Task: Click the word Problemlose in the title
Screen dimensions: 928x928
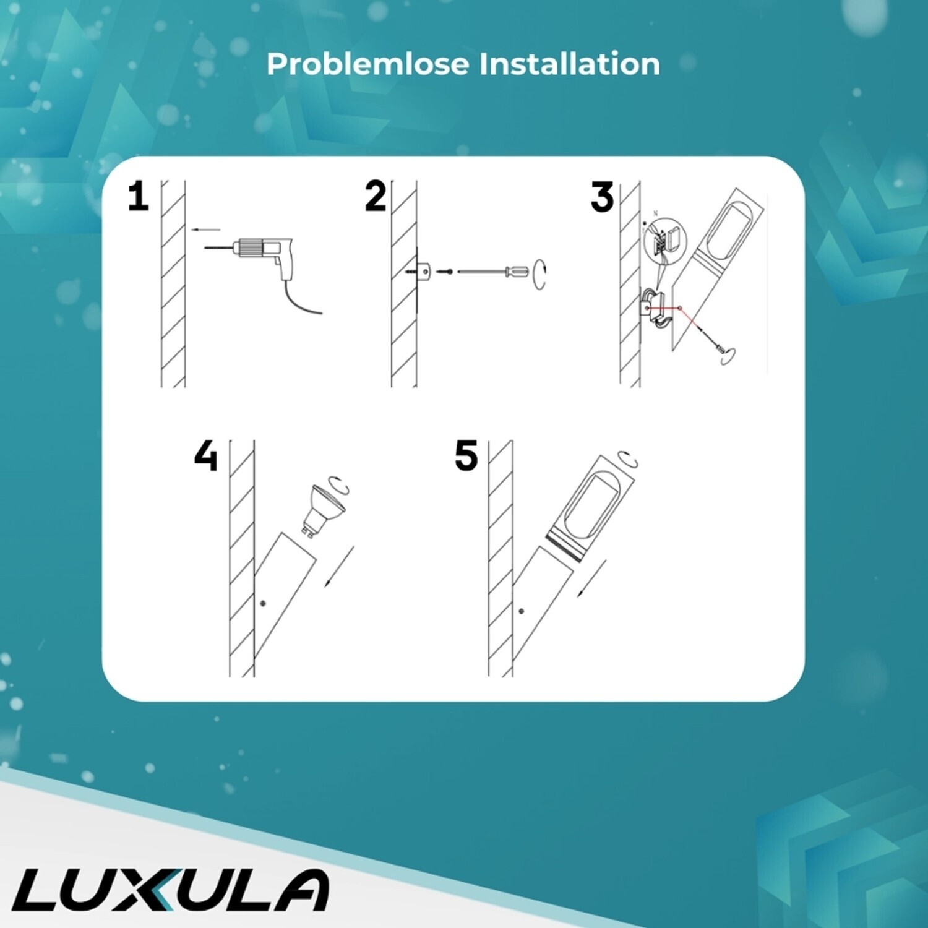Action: [x=368, y=64]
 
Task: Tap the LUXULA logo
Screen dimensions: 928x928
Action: [x=171, y=890]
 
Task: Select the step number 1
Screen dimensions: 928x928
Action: [x=139, y=197]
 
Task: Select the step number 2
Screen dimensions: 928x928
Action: [x=376, y=197]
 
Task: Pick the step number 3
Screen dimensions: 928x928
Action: [x=602, y=197]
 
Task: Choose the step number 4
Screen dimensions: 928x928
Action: [x=206, y=456]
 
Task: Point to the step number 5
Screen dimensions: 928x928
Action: [x=466, y=456]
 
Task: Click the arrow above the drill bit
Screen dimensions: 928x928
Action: [x=205, y=230]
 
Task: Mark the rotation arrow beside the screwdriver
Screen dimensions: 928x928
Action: [x=539, y=273]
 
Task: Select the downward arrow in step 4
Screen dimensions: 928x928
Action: [x=339, y=567]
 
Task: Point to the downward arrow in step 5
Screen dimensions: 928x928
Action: [x=592, y=578]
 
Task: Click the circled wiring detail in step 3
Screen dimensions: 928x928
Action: [x=664, y=238]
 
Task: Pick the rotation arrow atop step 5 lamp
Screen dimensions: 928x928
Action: [x=630, y=460]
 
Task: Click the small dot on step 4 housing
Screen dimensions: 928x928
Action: [x=263, y=603]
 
